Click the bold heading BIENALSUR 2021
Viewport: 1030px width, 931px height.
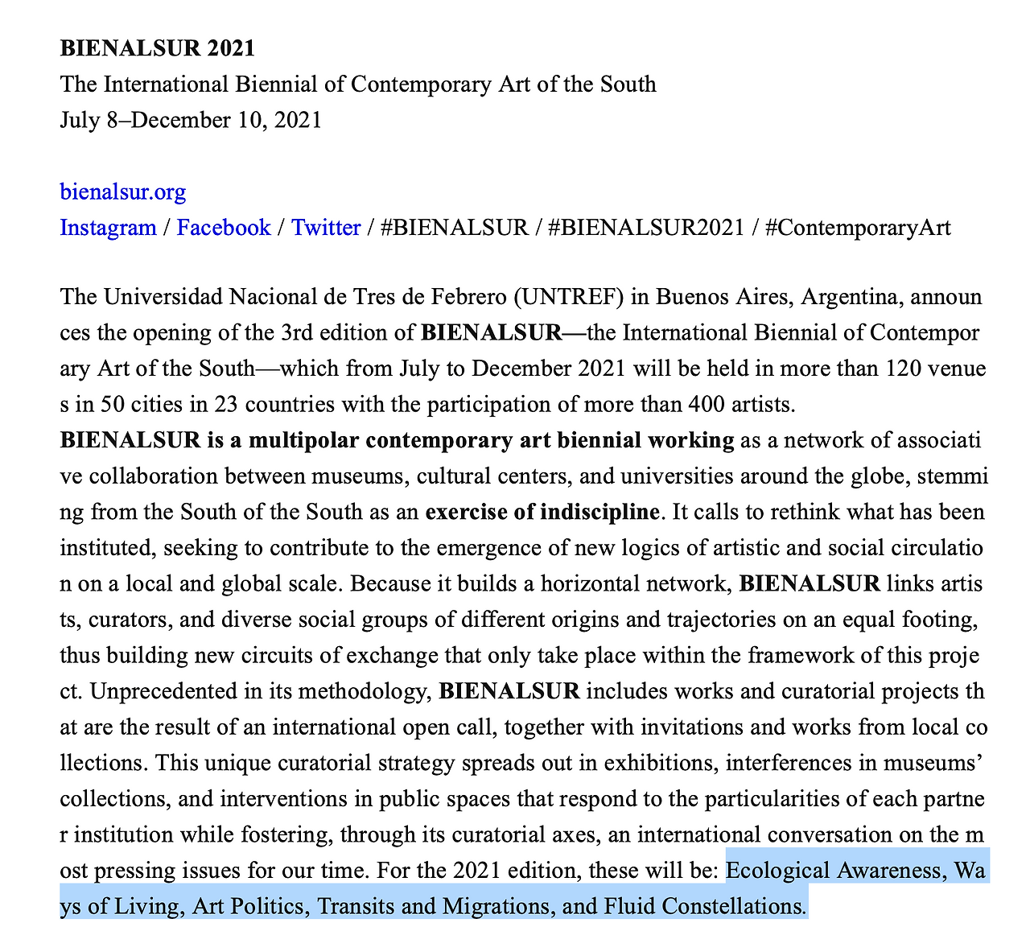[157, 48]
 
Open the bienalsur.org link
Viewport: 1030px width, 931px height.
[123, 192]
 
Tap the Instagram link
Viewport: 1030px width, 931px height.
[108, 228]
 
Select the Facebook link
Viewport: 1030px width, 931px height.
[224, 228]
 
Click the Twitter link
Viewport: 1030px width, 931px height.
[326, 228]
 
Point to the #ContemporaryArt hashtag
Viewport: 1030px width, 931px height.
[858, 228]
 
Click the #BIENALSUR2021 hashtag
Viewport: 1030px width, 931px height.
[646, 228]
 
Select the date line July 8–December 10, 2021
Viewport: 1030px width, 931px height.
[191, 120]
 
